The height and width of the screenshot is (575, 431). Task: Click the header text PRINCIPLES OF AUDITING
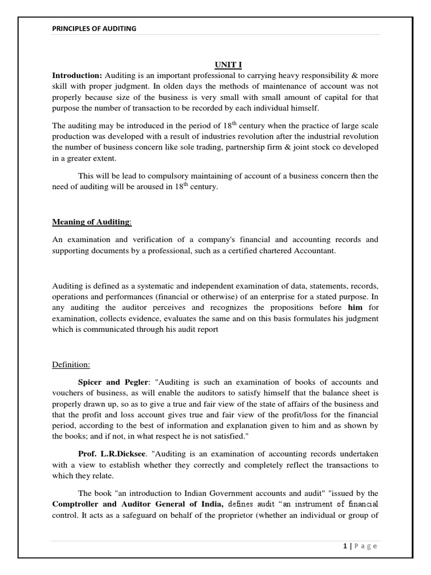tap(94, 28)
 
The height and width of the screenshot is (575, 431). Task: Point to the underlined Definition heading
tap(71, 364)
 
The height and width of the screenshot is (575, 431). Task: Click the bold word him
tap(355, 308)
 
